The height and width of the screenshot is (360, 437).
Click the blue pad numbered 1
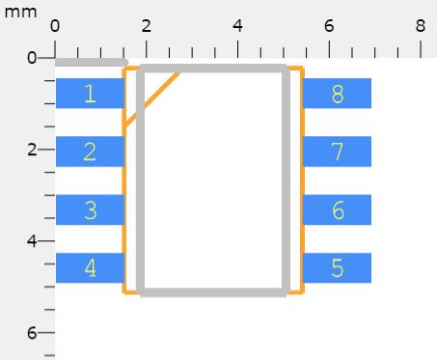click(90, 94)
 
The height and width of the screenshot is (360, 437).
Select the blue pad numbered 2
click(90, 152)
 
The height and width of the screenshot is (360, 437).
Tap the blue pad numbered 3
click(90, 209)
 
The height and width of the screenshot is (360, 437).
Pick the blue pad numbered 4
click(90, 268)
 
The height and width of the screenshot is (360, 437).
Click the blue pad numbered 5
click(338, 268)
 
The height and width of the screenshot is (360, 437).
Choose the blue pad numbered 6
click(338, 209)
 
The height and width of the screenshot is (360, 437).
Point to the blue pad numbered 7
click(338, 152)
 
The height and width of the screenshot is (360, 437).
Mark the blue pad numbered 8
click(338, 94)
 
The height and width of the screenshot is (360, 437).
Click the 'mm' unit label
click(20, 13)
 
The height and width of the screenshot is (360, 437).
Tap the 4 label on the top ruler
click(237, 26)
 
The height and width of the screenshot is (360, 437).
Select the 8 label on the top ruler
click(421, 26)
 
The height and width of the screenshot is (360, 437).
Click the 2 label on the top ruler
click(147, 26)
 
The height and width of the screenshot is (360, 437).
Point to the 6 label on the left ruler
click(32, 333)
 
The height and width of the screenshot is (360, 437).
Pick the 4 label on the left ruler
click(32, 241)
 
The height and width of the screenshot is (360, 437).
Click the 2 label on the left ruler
click(32, 150)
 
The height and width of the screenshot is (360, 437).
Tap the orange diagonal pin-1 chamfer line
click(152, 98)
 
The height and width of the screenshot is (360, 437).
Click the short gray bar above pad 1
click(92, 62)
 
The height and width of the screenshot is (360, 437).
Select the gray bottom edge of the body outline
click(213, 292)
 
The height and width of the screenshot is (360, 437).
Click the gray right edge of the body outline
click(287, 180)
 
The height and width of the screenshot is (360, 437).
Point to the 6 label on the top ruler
click(329, 26)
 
